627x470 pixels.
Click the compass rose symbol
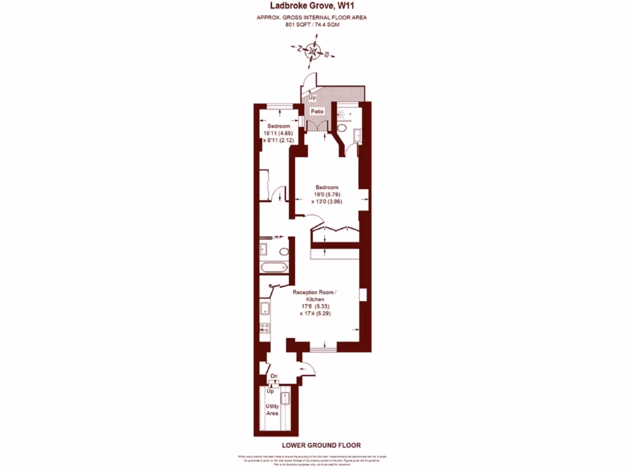(313, 51)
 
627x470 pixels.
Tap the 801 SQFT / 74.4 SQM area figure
(313, 26)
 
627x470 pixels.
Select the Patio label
(317, 112)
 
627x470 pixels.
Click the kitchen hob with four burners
(265, 327)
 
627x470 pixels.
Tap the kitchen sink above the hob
(265, 308)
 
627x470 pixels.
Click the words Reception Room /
(315, 293)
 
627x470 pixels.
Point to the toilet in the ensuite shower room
(343, 129)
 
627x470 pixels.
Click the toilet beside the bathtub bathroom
(283, 251)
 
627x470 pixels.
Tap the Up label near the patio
(312, 98)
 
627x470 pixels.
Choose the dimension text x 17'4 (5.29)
(315, 313)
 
